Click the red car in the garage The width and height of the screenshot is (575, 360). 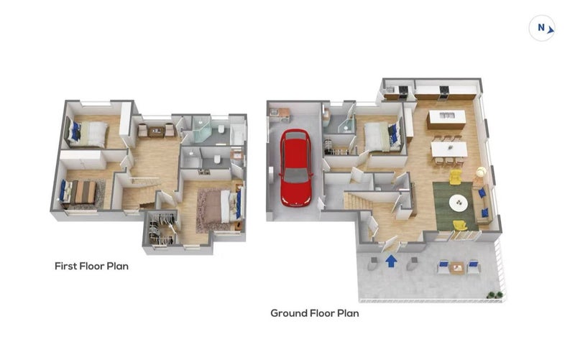(296, 167)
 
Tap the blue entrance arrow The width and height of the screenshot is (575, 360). (391, 261)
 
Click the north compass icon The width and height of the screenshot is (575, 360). (542, 28)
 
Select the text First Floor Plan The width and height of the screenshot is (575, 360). (92, 266)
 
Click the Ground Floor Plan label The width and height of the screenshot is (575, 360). (315, 313)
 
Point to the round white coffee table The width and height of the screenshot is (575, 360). (459, 203)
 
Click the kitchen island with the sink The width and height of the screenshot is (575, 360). (446, 119)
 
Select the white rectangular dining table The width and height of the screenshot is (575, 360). (448, 149)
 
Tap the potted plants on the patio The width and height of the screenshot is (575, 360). (494, 295)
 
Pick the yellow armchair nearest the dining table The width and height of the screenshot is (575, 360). (456, 177)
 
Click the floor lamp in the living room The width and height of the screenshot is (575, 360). (480, 172)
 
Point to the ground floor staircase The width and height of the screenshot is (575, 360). (357, 201)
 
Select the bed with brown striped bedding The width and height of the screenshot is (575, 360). (80, 192)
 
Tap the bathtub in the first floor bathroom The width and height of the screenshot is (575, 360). (238, 134)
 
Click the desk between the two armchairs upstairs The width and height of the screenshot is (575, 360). (157, 131)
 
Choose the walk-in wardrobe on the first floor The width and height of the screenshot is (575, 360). (161, 229)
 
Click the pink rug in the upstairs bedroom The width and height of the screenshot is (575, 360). (209, 210)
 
